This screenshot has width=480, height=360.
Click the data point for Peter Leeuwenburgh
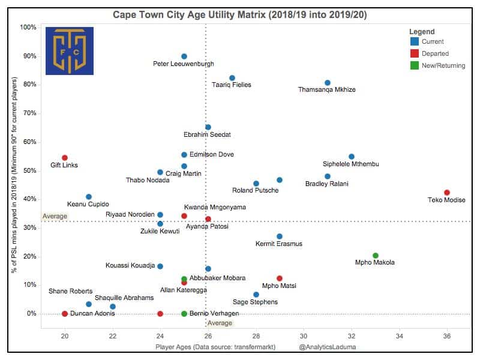tap(184, 56)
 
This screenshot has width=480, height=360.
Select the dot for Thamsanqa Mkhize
tap(328, 83)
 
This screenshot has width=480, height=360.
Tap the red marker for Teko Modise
tap(447, 193)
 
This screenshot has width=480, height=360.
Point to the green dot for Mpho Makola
tap(376, 256)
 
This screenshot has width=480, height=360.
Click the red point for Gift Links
tap(65, 158)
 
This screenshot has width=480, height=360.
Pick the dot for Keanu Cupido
tap(89, 197)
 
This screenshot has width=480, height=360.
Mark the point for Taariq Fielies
tap(232, 78)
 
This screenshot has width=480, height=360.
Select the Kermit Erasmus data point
tap(280, 236)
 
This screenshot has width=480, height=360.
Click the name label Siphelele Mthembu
tap(351, 164)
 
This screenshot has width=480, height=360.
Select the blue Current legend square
tap(414, 42)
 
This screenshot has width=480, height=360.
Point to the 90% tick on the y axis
tap(28, 56)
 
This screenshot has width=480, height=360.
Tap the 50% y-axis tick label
tap(28, 170)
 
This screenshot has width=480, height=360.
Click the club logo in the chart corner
tap(70, 51)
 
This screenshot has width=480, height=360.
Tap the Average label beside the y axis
tap(55, 216)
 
